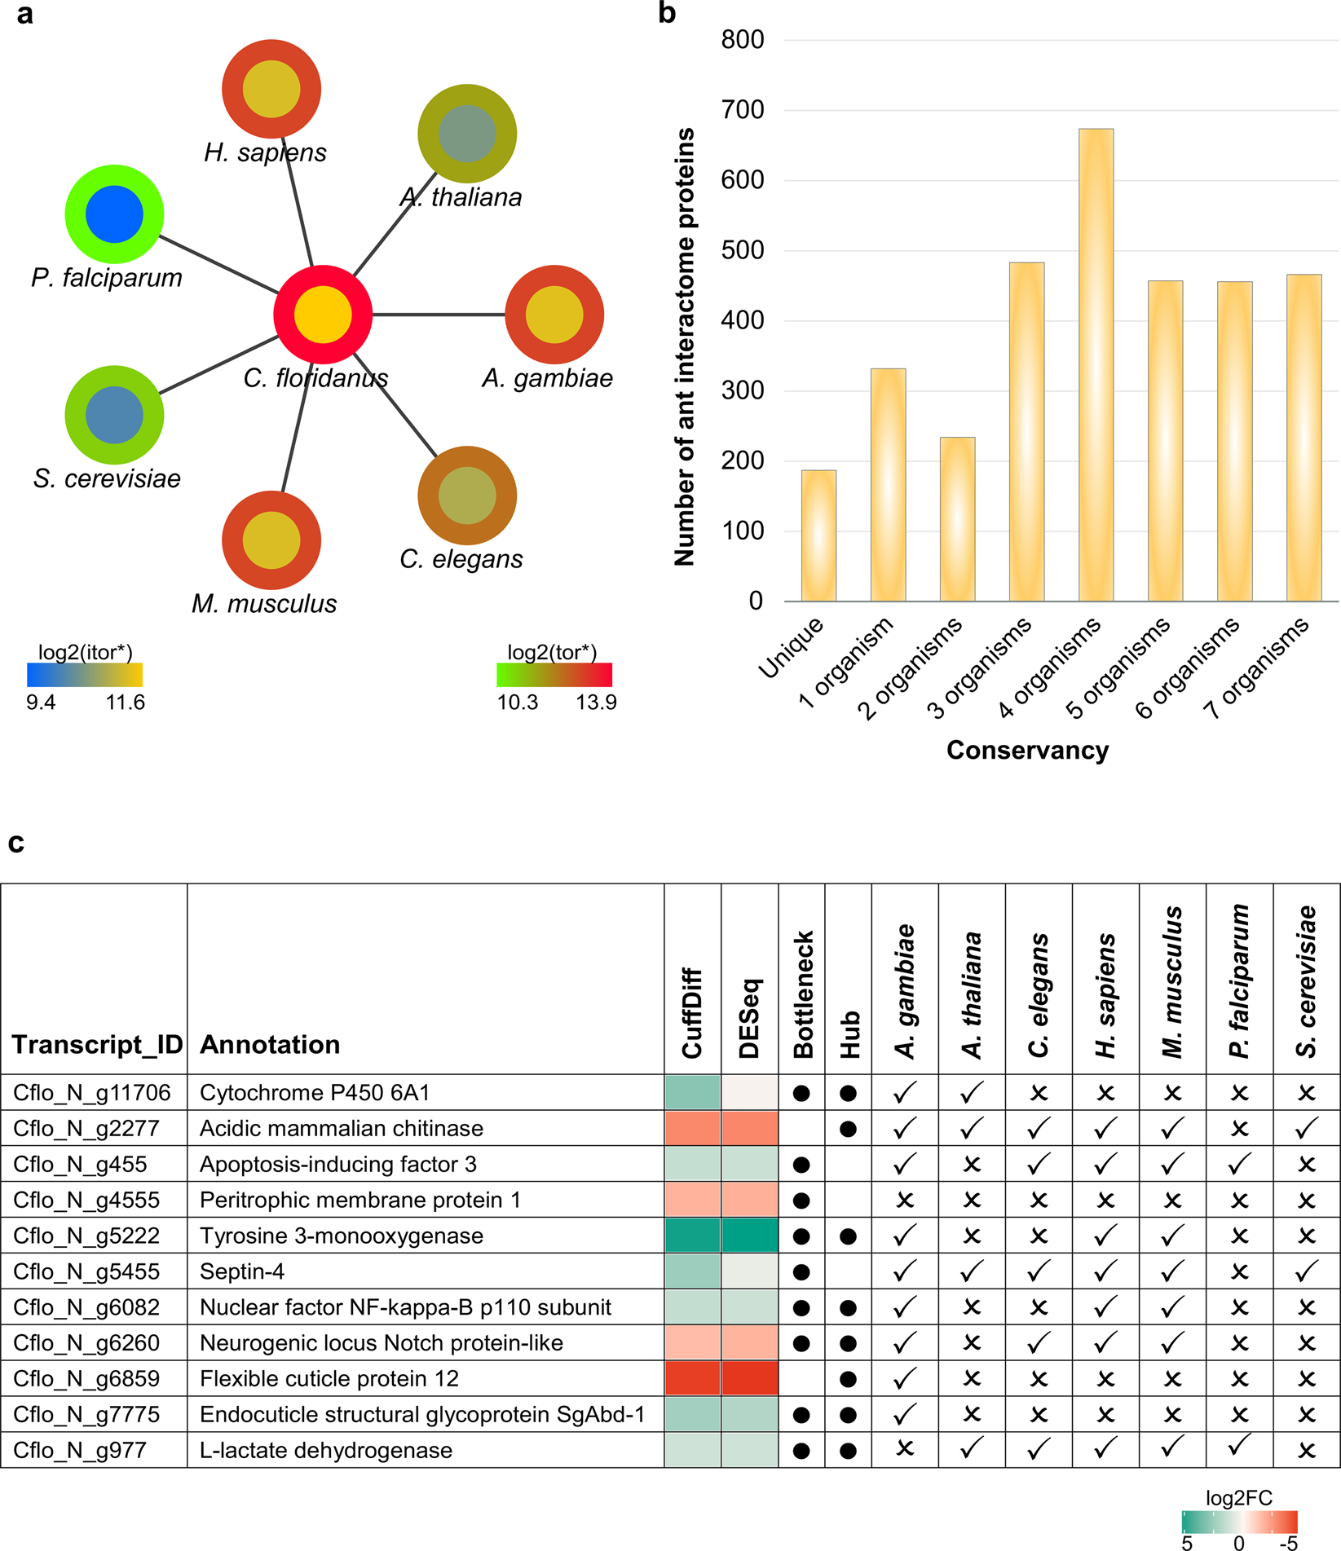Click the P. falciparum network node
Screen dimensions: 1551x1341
(x=115, y=214)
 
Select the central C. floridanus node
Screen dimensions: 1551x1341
(x=323, y=315)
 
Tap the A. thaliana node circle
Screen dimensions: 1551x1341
(x=467, y=133)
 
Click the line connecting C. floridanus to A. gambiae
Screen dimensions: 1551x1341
(x=439, y=315)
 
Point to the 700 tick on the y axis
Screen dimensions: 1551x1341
(x=743, y=110)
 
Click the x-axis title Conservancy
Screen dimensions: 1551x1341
(x=1027, y=750)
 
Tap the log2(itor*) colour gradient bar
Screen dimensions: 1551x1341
(x=85, y=675)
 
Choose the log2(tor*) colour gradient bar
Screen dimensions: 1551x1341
(x=554, y=675)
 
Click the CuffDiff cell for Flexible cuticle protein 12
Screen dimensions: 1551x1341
(x=692, y=1378)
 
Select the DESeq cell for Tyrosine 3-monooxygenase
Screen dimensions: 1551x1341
(x=749, y=1236)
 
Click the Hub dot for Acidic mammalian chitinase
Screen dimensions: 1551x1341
(x=848, y=1129)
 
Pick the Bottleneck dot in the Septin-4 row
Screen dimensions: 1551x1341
(x=801, y=1271)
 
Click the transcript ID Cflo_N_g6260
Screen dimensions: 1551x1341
(x=86, y=1343)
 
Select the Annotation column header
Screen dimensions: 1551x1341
(x=270, y=1045)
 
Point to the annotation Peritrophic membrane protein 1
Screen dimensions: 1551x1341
(x=360, y=1200)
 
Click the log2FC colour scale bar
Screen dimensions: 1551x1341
(x=1239, y=1522)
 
